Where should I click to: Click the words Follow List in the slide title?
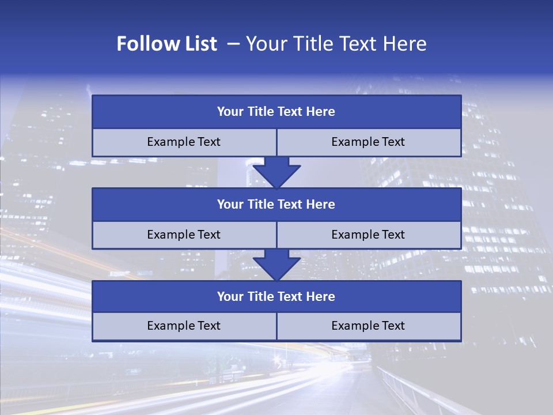point(166,44)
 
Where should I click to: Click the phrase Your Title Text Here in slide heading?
point(336,44)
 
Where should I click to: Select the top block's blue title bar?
point(276,112)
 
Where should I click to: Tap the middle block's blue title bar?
point(276,205)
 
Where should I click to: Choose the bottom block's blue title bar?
point(276,297)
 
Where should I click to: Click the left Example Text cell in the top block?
point(184,142)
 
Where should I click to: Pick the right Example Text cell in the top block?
point(368,142)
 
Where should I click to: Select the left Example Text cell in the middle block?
point(184,235)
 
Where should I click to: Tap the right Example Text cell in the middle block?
point(368,235)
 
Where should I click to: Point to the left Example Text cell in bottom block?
point(184,326)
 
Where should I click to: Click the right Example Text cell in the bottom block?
point(368,326)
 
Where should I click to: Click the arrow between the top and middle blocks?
point(276,172)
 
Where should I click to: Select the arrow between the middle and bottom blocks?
point(276,265)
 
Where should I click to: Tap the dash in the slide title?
point(233,44)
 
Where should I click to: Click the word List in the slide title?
point(200,44)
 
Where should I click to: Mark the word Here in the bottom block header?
point(320,297)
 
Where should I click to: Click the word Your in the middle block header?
point(230,205)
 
